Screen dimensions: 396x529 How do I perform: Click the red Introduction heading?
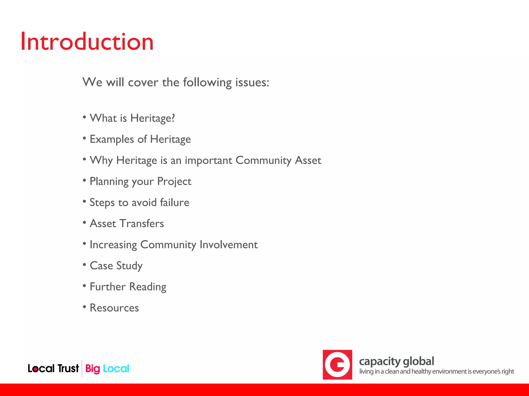(x=87, y=42)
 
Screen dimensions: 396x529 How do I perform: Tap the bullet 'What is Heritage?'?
(x=132, y=118)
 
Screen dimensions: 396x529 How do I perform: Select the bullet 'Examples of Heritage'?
(x=140, y=139)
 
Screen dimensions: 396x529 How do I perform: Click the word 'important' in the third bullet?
(x=208, y=160)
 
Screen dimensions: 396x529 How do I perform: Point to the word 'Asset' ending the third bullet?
(x=308, y=160)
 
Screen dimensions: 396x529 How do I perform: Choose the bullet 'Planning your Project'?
(x=140, y=181)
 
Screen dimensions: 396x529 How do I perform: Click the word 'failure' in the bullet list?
(x=175, y=202)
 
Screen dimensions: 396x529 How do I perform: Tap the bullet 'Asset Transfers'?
(x=127, y=224)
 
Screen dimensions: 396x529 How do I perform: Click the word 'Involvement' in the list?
(x=229, y=245)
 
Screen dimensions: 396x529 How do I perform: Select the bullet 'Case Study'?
(x=116, y=266)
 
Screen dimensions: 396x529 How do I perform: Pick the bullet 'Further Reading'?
(x=128, y=287)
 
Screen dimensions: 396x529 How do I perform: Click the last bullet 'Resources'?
(x=114, y=308)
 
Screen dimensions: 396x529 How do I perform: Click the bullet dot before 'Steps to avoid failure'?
(x=84, y=201)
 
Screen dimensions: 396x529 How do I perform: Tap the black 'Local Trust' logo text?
(x=53, y=368)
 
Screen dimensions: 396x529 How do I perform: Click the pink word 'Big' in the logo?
(x=92, y=369)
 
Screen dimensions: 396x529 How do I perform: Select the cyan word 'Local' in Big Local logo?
(x=116, y=369)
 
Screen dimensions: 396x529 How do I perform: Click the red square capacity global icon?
(x=337, y=365)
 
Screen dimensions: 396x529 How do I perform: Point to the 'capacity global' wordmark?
(x=396, y=361)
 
